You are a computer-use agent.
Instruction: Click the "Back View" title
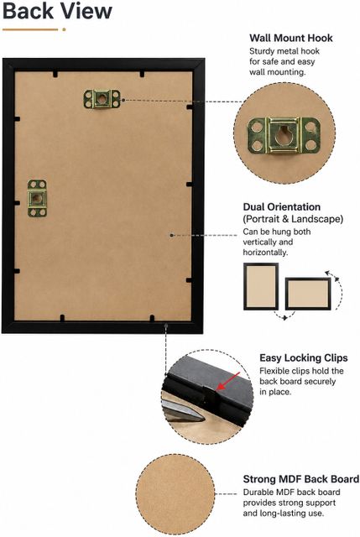pos(57,11)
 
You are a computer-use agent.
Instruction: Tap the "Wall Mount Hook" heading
pos(291,38)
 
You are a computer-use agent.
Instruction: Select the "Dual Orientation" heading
pos(282,207)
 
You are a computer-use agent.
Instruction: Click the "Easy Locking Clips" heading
pos(304,358)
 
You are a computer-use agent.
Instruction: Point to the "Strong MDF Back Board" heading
pos(301,479)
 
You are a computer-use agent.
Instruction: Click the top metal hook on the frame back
pos(102,99)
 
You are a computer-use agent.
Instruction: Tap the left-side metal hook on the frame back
pos(37,198)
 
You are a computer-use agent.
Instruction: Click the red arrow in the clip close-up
pos(227,381)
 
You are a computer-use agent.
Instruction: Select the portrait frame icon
pos(261,286)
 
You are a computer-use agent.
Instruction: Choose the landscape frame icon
pos(308,294)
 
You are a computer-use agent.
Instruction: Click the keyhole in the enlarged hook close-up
pos(284,134)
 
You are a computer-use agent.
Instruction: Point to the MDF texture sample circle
pos(175,494)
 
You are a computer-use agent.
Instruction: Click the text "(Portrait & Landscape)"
pos(293,219)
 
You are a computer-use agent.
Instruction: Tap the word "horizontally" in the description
pos(264,253)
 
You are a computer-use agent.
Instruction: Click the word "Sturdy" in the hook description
pos(262,51)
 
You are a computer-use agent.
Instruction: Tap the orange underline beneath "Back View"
pos(34,29)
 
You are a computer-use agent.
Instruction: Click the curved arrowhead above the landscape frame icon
pos(327,273)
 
